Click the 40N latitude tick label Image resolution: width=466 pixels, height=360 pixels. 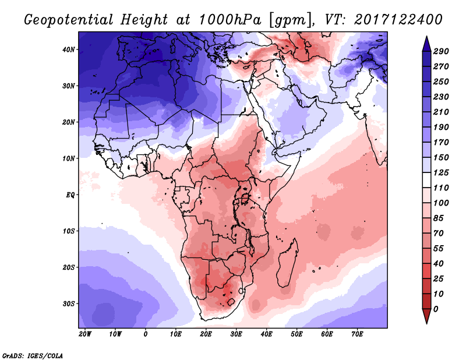69,50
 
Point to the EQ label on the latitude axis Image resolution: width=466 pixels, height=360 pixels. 70,195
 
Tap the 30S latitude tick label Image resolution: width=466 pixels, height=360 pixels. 69,303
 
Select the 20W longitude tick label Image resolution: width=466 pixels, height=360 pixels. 84,334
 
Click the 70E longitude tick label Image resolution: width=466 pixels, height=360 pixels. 357,334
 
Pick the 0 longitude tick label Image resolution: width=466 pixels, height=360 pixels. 145,334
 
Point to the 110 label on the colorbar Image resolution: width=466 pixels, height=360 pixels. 441,187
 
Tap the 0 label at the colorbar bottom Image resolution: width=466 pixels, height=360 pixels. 436,308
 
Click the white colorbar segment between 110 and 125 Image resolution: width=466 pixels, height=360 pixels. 426,180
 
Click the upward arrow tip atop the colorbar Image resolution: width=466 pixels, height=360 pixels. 426,39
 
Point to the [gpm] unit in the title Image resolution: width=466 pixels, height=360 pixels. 287,19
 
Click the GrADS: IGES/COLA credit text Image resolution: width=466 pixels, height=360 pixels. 33,355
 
